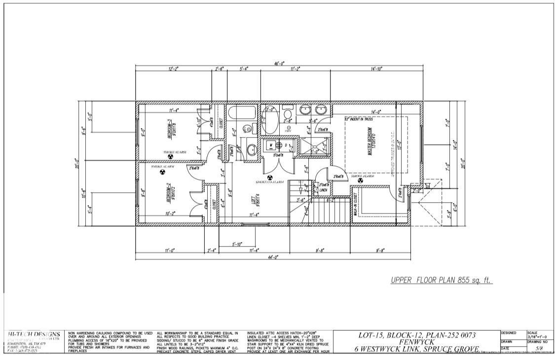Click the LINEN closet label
[323, 190]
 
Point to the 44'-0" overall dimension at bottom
[273, 257]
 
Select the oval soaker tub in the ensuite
[269, 120]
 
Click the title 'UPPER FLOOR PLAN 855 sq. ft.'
[442, 280]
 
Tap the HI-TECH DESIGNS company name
[35, 334]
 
